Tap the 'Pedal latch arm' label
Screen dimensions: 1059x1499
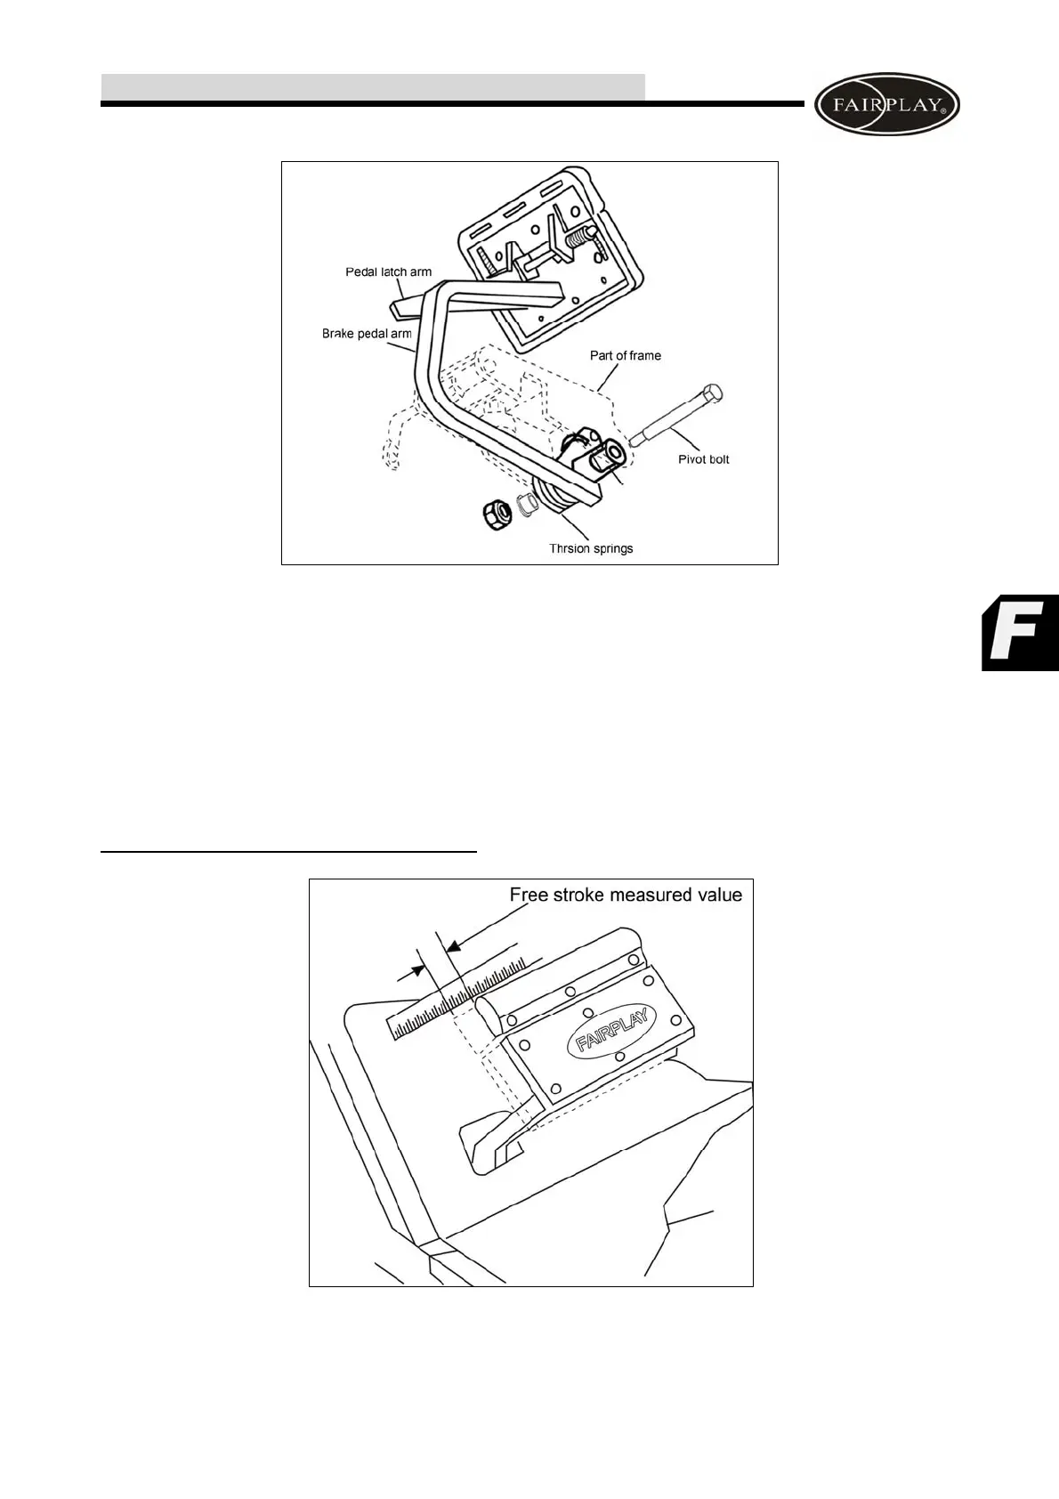388,272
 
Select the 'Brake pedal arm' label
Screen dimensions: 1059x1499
367,335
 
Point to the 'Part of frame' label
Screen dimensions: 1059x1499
626,355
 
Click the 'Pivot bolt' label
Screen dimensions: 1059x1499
703,459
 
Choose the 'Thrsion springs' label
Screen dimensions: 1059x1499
591,548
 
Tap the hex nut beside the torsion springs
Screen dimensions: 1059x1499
494,512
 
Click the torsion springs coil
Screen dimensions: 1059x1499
554,498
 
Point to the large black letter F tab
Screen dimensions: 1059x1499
1021,632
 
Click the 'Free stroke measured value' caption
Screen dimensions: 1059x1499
626,895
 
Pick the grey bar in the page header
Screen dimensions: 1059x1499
373,87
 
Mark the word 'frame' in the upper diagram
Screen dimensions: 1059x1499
644,355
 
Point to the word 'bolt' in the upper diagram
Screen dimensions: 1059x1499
717,459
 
